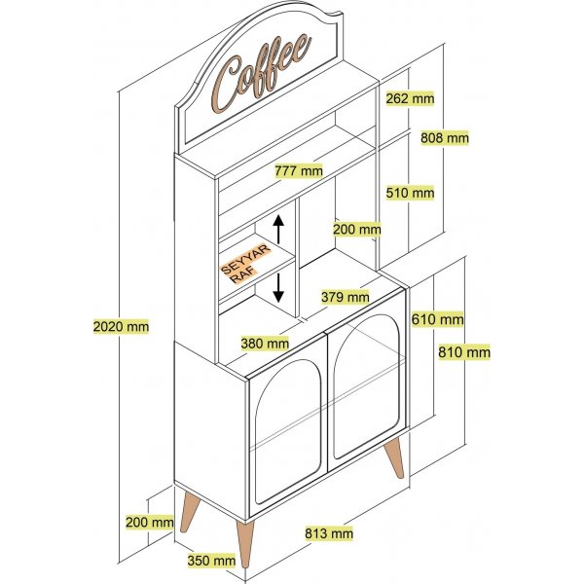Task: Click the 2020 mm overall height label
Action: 121,327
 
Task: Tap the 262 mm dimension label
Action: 410,98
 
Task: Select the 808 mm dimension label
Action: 445,138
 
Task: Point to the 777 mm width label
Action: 299,171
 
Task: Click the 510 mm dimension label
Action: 410,193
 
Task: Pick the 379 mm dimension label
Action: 346,297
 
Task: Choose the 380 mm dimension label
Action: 265,343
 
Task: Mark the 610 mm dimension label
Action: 438,319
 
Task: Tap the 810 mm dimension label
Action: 464,352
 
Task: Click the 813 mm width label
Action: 329,533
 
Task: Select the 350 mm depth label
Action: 211,561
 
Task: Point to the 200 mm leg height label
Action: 149,522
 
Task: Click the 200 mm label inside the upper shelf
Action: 357,229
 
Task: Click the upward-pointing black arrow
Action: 278,229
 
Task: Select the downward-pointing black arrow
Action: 278,287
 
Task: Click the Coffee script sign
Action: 261,73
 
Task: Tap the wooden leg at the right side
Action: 395,457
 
